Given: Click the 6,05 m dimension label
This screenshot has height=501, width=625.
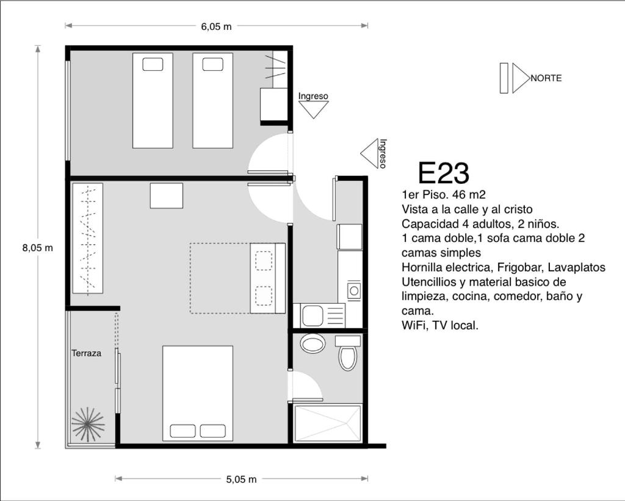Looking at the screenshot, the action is (x=216, y=27).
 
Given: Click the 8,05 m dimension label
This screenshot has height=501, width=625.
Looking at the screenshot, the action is (x=37, y=247).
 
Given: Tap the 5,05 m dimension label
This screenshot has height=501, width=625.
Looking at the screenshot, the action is (x=242, y=479).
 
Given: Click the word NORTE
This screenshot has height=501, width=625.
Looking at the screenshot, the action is (x=546, y=78).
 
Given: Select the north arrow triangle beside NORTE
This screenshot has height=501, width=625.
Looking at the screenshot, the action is (x=520, y=78).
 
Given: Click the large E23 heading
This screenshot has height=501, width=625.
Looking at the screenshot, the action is (x=444, y=173).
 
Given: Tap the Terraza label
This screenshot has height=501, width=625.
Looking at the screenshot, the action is (x=87, y=353).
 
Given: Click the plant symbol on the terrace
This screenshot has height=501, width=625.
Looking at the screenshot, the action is (x=88, y=424).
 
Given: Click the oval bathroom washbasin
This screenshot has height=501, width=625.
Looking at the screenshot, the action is (x=312, y=343).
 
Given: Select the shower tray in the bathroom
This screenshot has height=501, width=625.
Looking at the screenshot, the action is (x=328, y=423).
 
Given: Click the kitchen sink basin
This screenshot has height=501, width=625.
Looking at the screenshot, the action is (x=313, y=316).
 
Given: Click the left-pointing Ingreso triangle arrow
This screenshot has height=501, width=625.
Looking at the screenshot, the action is (x=369, y=153).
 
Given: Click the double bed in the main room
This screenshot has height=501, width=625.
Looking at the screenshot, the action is (x=198, y=393).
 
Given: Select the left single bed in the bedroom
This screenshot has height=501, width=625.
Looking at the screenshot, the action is (x=153, y=101).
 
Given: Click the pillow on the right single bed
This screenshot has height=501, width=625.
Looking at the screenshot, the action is (x=213, y=64).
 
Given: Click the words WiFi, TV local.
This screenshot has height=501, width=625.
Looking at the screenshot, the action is (x=440, y=326).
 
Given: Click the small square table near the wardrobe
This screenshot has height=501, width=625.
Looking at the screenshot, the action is (x=167, y=196).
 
